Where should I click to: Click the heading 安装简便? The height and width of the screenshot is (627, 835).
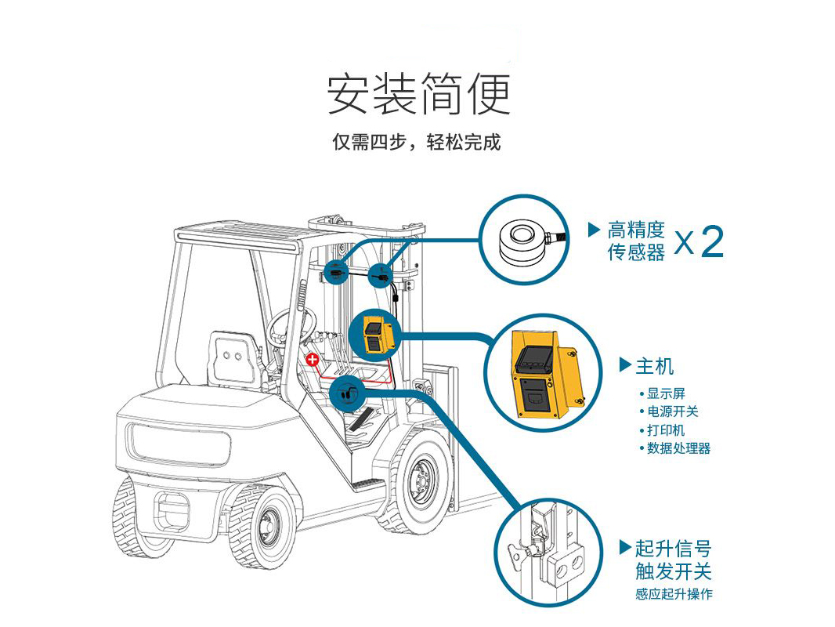418,94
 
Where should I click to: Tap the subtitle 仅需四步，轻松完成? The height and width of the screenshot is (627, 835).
417,142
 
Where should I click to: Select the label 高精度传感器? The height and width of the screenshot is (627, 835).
636,241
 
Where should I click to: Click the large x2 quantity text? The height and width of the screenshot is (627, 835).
699,241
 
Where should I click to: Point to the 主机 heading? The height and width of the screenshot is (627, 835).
655,367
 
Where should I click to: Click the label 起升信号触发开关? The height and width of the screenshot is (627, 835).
674,560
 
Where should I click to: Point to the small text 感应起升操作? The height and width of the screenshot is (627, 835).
674,594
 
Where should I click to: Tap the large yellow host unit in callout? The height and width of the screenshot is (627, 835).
544,373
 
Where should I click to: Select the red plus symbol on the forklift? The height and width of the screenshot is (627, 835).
312,360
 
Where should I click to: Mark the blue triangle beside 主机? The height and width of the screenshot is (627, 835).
625,365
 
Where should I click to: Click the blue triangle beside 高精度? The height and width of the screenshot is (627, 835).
595,230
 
